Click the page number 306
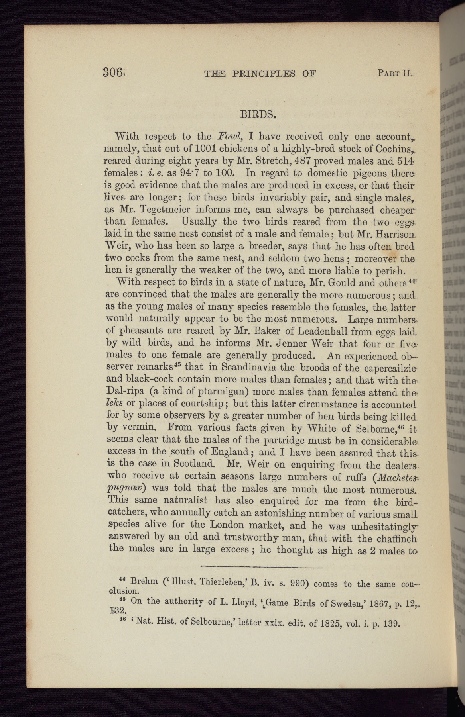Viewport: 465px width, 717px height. pyautogui.click(x=113, y=72)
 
